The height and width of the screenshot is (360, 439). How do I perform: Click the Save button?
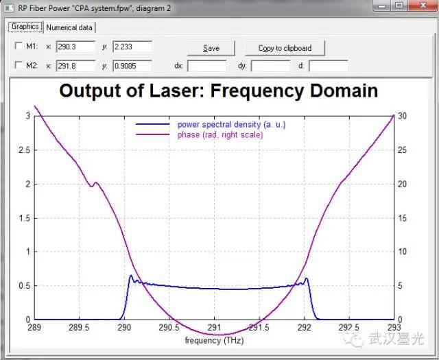(x=211, y=48)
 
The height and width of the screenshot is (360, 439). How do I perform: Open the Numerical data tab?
(x=69, y=27)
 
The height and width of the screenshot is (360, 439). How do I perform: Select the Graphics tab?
(x=25, y=27)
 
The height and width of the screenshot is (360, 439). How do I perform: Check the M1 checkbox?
(x=19, y=46)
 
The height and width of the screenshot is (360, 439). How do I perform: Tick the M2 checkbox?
(x=19, y=65)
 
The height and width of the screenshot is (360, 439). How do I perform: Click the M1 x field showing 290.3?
(x=75, y=47)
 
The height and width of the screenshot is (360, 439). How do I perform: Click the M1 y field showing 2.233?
(x=132, y=47)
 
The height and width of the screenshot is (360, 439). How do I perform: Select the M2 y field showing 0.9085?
(x=132, y=66)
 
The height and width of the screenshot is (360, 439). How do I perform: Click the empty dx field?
(x=207, y=66)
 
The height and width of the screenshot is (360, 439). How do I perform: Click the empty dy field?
(x=270, y=66)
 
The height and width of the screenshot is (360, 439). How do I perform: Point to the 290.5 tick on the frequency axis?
(x=169, y=327)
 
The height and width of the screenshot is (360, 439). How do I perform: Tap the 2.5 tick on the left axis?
(x=24, y=150)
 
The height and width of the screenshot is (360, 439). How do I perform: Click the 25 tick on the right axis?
(x=402, y=150)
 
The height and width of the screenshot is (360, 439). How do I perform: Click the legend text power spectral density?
(x=232, y=125)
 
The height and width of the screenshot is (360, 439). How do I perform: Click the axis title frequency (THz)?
(x=214, y=340)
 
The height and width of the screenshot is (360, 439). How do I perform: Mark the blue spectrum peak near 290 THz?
(x=130, y=276)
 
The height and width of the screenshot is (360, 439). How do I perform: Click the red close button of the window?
(x=423, y=5)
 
